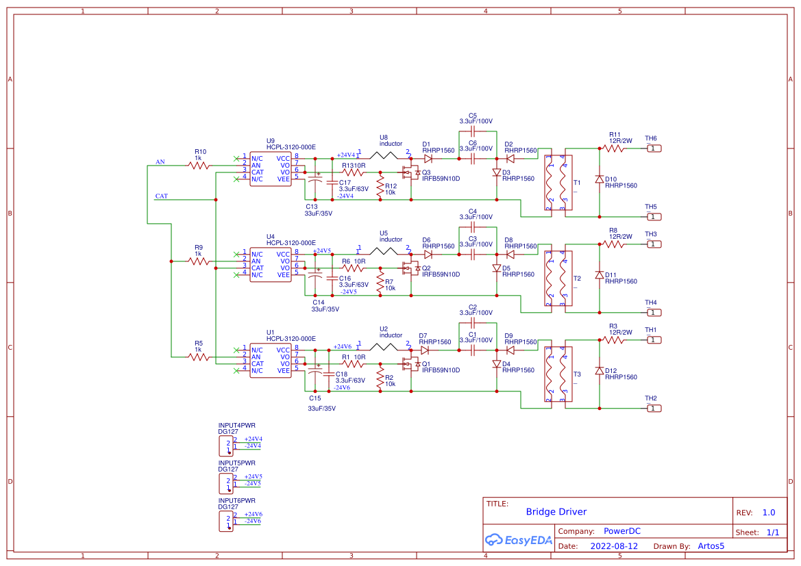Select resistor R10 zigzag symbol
pos(199,165)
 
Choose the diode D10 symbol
pos(600,179)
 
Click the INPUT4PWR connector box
pos(225,446)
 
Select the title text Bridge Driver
pos(556,512)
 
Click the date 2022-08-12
pos(614,546)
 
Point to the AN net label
pos(160,162)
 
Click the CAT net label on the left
pos(161,196)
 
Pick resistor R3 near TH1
pos(613,339)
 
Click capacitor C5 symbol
pos(472,129)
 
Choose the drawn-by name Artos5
pos(711,546)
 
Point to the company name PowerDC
pos(621,531)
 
